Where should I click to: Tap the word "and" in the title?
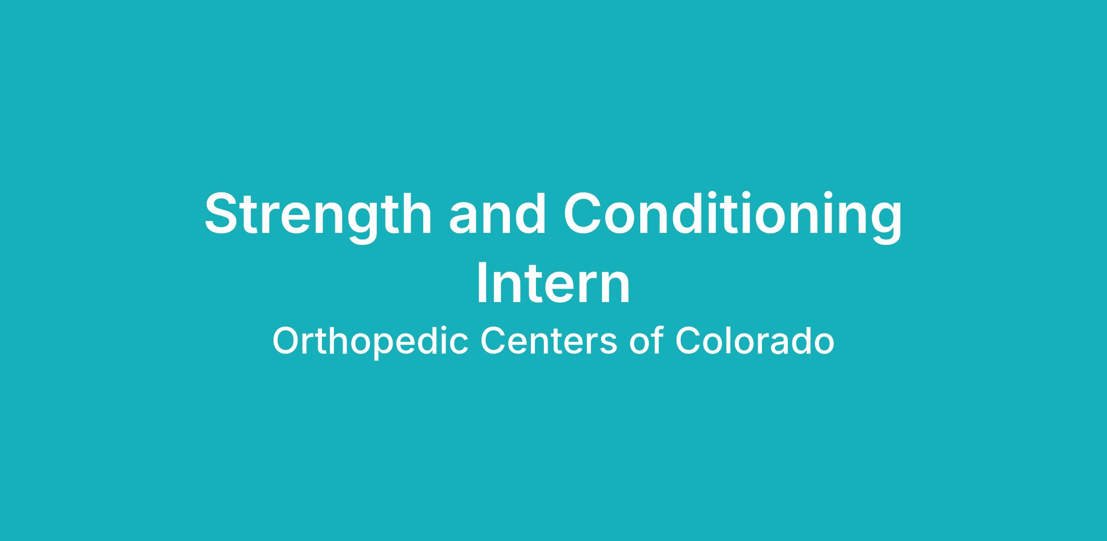[x=497, y=213]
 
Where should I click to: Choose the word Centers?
[x=549, y=341]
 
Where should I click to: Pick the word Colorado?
[x=755, y=340]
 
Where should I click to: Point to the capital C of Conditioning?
[x=583, y=213]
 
